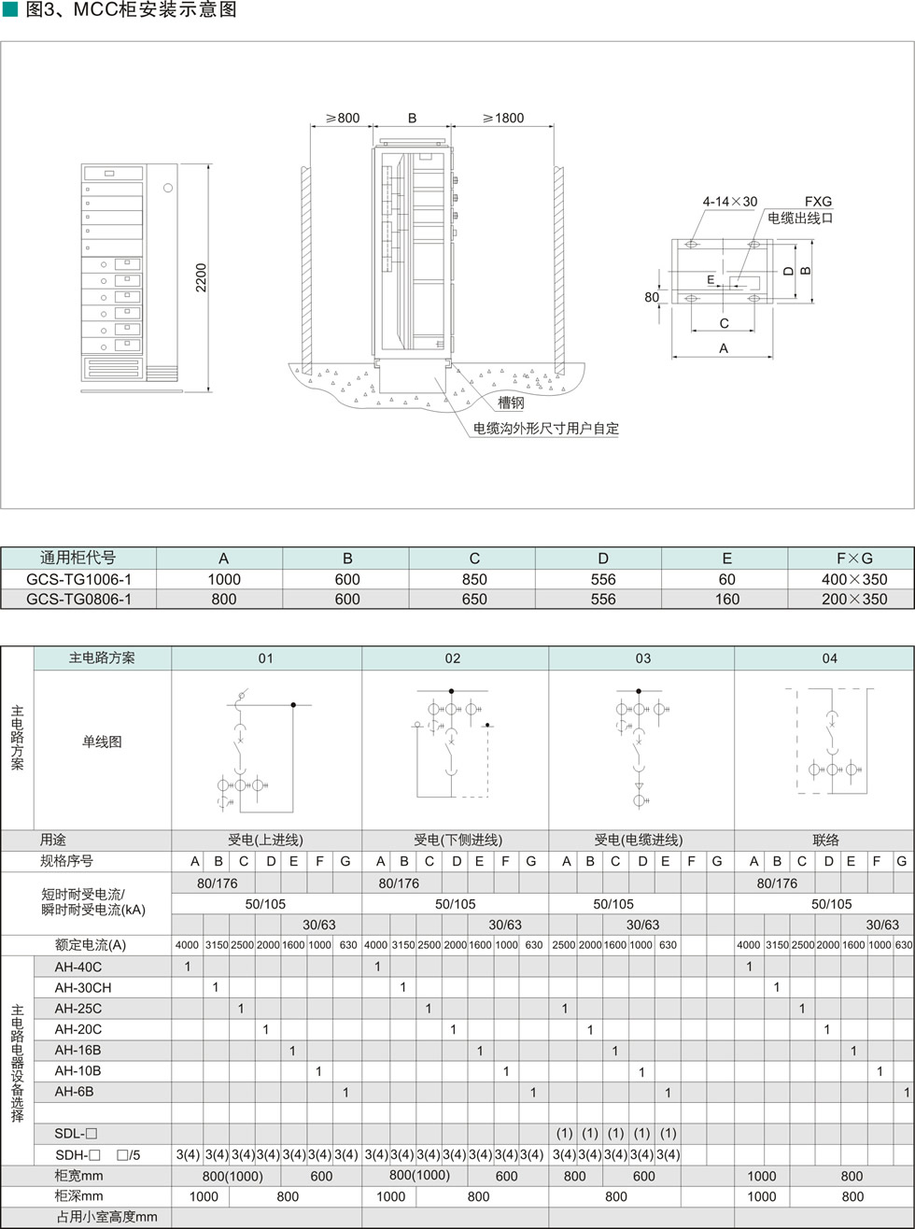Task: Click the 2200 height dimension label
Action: coord(201,277)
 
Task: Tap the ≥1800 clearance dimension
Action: coord(502,118)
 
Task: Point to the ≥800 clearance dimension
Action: coord(343,118)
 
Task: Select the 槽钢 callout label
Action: coord(511,403)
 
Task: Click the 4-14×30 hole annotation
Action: coord(730,202)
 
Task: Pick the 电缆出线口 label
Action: coord(800,219)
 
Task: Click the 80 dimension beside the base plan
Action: coord(652,297)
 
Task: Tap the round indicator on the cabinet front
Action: coord(168,188)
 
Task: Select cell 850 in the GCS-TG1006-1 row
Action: coord(474,580)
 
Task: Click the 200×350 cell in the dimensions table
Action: coord(854,599)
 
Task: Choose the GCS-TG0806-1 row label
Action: coord(78,599)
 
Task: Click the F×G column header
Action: coord(854,558)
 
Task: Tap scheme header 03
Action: coord(643,658)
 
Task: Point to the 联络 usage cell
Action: coord(825,840)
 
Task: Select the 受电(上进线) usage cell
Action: coord(265,840)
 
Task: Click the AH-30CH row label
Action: coord(82,987)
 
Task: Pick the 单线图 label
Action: coord(102,742)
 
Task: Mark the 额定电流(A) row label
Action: coord(91,945)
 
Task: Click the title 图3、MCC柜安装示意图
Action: coord(131,9)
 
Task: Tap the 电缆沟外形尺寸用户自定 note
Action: coord(546,429)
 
